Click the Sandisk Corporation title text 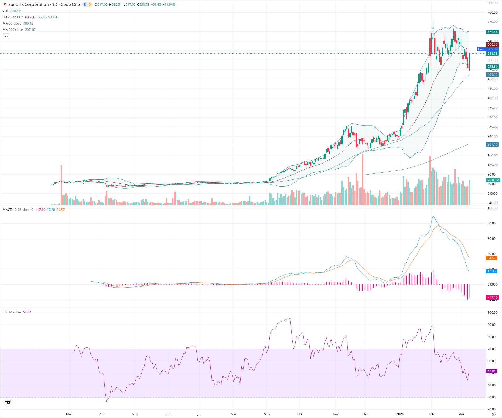pos(28,4)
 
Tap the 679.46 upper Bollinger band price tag pos(492,32)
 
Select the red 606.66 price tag pos(492,45)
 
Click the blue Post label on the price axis pos(481,49)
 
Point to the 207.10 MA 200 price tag pos(492,144)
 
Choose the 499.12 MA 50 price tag pos(492,75)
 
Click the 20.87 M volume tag pos(493,180)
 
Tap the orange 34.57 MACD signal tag pos(491,258)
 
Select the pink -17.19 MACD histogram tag pos(492,298)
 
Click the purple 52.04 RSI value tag pos(492,371)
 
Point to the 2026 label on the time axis pos(400,414)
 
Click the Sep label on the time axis pos(267,414)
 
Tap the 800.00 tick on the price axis pos(492,3)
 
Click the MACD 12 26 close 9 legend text pos(18,210)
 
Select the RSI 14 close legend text pos(12,312)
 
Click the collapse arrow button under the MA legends pos(6,36)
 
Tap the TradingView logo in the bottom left pos(8,402)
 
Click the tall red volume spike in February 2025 pos(61,183)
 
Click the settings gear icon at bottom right pos(494,414)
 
